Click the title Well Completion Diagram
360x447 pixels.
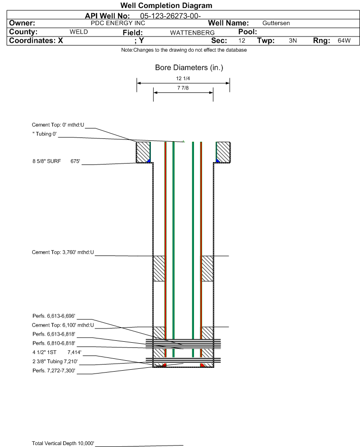click(166, 6)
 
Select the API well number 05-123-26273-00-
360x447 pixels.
click(170, 16)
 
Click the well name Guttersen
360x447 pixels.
click(276, 23)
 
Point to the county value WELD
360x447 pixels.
click(78, 32)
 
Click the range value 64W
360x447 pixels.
click(343, 41)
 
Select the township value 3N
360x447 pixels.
click(293, 41)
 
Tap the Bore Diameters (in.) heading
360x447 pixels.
click(189, 68)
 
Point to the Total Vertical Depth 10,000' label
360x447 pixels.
click(63, 443)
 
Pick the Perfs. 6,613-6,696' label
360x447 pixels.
click(54, 316)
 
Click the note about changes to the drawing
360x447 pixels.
click(184, 50)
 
